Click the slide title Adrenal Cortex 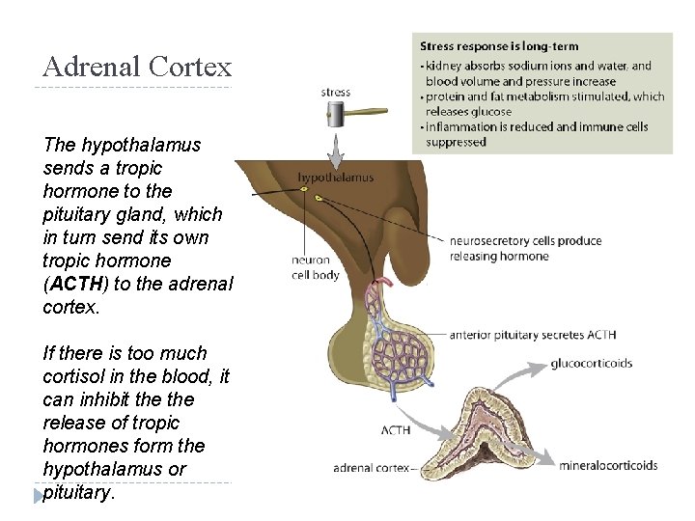[x=137, y=67]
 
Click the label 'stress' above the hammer [x=336, y=93]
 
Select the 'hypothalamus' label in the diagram [x=335, y=178]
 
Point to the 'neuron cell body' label [x=310, y=267]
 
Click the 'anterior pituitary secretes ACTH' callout [x=532, y=335]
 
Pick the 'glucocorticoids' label [x=592, y=364]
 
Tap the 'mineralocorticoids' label [x=608, y=465]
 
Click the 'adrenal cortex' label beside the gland [x=372, y=469]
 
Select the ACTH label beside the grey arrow [x=397, y=429]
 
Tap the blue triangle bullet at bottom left [x=38, y=494]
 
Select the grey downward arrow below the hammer [x=336, y=149]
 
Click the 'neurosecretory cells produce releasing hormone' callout [x=525, y=248]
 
